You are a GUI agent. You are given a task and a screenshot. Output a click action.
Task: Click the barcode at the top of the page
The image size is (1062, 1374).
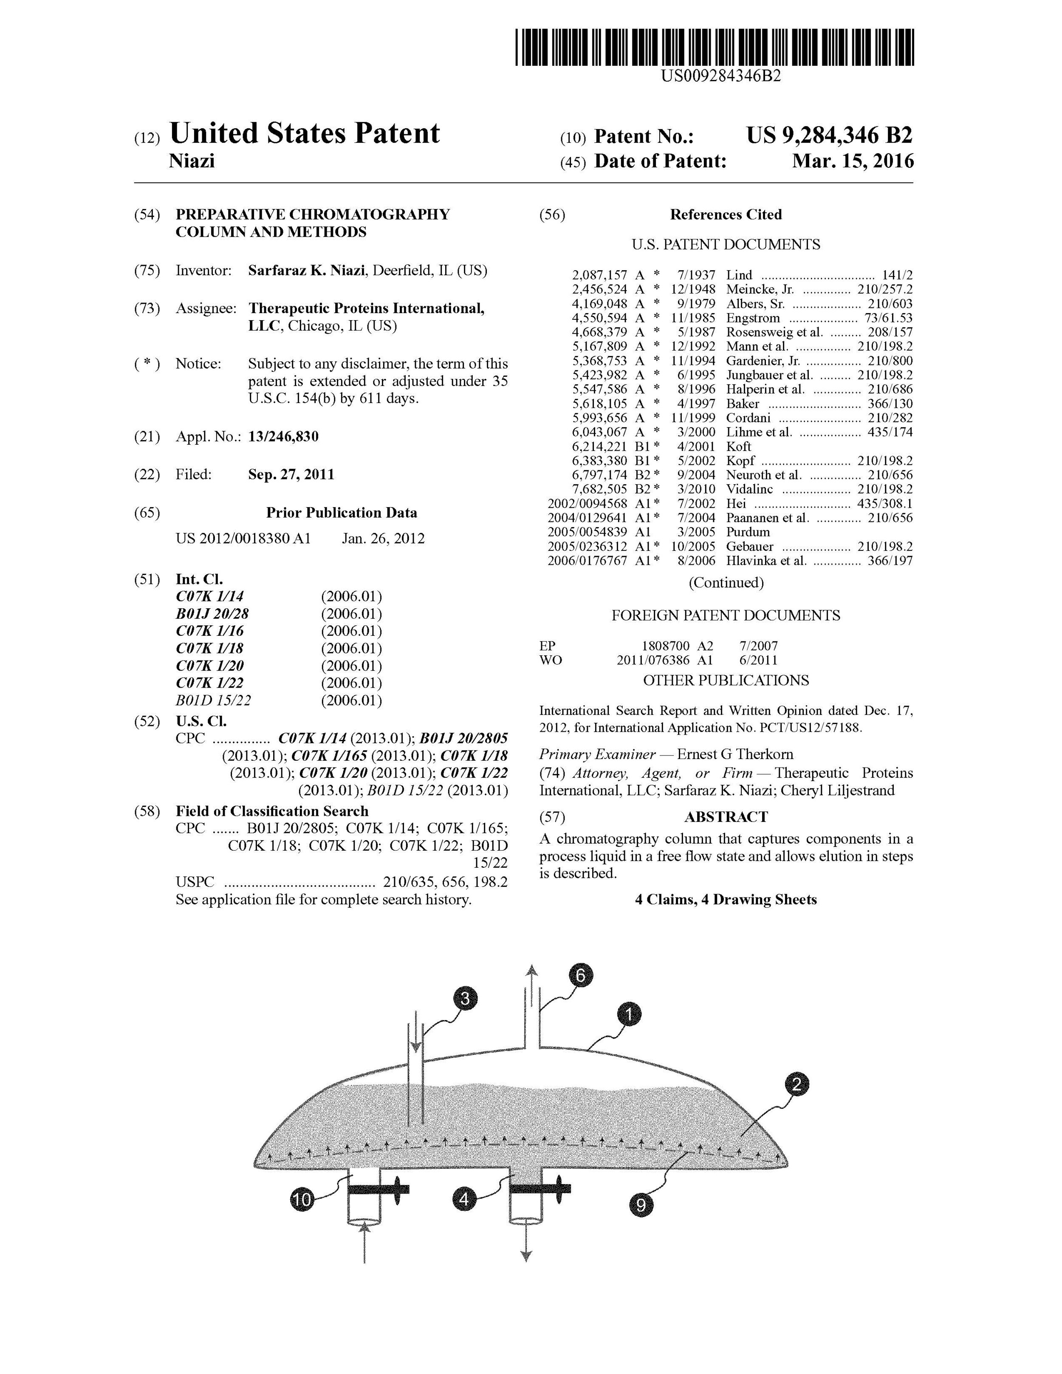714,47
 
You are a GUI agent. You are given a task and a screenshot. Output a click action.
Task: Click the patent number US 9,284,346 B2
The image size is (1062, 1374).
829,135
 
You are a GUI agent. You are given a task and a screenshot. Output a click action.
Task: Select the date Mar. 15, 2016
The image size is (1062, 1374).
853,161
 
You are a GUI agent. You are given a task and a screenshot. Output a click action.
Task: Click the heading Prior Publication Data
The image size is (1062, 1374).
341,513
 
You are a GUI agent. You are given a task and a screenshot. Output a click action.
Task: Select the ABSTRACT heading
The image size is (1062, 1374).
726,817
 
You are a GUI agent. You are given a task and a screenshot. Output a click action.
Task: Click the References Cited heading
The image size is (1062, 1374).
726,214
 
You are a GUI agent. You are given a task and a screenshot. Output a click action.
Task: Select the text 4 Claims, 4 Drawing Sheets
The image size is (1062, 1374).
726,900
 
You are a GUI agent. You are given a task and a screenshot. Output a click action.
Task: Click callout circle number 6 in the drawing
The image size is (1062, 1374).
580,976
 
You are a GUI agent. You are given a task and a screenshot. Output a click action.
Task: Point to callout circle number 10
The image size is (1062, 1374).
302,1200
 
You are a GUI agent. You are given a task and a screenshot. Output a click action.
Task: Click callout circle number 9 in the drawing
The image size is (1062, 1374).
641,1205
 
